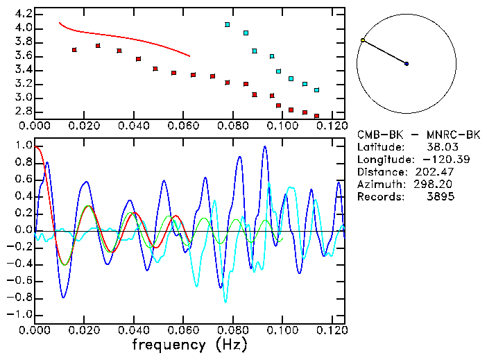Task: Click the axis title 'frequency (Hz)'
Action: coord(189,345)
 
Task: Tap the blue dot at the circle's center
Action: coord(407,64)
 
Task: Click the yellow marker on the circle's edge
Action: coord(362,40)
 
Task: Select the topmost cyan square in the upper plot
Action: coord(227,24)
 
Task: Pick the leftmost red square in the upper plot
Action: coord(74,50)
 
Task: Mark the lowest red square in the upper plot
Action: coord(316,116)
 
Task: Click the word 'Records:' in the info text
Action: coord(379,197)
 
